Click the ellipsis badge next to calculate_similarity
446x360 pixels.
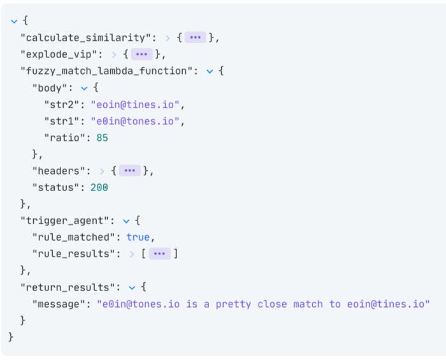[196, 38]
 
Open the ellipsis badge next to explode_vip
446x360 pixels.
[141, 54]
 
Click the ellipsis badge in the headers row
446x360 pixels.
[130, 171]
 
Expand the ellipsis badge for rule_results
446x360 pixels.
[159, 254]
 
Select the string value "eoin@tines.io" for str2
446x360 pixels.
[135, 104]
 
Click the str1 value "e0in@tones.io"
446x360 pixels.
[135, 121]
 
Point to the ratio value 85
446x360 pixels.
[102, 138]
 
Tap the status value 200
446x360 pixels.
[99, 188]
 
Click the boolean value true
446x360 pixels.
[138, 237]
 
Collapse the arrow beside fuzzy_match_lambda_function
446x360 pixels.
[210, 71]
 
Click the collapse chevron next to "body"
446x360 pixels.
[84, 89]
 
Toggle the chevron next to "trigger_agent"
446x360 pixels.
[126, 221]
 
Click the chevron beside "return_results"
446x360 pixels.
[132, 288]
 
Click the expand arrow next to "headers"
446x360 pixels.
[102, 171]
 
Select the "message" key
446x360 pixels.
[59, 305]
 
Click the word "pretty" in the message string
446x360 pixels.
[233, 305]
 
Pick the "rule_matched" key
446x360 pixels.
[74, 237]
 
